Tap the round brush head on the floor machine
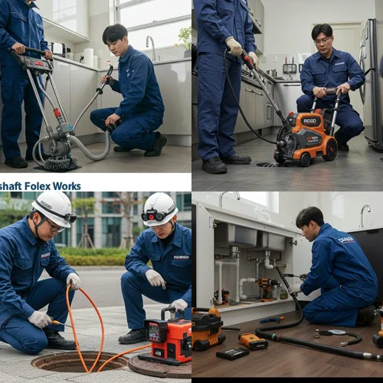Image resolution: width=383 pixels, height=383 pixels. coord(59,162)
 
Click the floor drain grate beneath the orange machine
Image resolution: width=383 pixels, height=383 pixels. coord(270,164)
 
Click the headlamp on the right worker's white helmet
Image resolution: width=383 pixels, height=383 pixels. coord(148,215)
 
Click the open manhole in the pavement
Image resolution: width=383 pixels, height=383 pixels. coord(69,361)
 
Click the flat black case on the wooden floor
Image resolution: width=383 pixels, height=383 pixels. coord(232,354)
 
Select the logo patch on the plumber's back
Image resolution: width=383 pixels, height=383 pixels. coord(346,240)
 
